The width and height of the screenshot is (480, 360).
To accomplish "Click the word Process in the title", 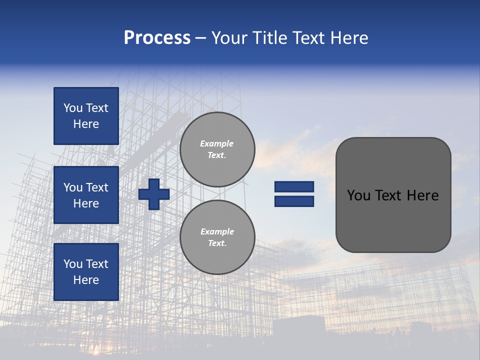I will pyautogui.click(x=157, y=38).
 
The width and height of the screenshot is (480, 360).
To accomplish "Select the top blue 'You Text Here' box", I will pyautogui.click(x=86, y=116).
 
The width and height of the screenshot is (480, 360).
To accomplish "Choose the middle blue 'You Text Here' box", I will pyautogui.click(x=86, y=195).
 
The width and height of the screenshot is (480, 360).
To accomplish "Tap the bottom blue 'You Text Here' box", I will pyautogui.click(x=86, y=272).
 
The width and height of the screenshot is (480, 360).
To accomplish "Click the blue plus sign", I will pyautogui.click(x=154, y=194).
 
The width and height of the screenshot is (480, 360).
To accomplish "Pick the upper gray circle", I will pyautogui.click(x=217, y=149).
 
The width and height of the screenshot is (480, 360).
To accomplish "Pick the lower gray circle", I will pyautogui.click(x=217, y=237).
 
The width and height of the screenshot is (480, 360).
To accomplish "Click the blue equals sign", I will pyautogui.click(x=294, y=194).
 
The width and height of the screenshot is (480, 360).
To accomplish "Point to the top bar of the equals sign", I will pyautogui.click(x=294, y=187).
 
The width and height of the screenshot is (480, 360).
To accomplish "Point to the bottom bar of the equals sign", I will pyautogui.click(x=294, y=201).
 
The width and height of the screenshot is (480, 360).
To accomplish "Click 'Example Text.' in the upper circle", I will pyautogui.click(x=217, y=149).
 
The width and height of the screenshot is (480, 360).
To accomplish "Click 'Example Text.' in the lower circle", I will pyautogui.click(x=217, y=237).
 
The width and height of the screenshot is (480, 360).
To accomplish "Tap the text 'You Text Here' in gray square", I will pyautogui.click(x=393, y=195).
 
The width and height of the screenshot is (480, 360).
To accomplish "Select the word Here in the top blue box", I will pyautogui.click(x=86, y=124).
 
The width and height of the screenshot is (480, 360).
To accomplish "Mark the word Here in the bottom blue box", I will pyautogui.click(x=86, y=280).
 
